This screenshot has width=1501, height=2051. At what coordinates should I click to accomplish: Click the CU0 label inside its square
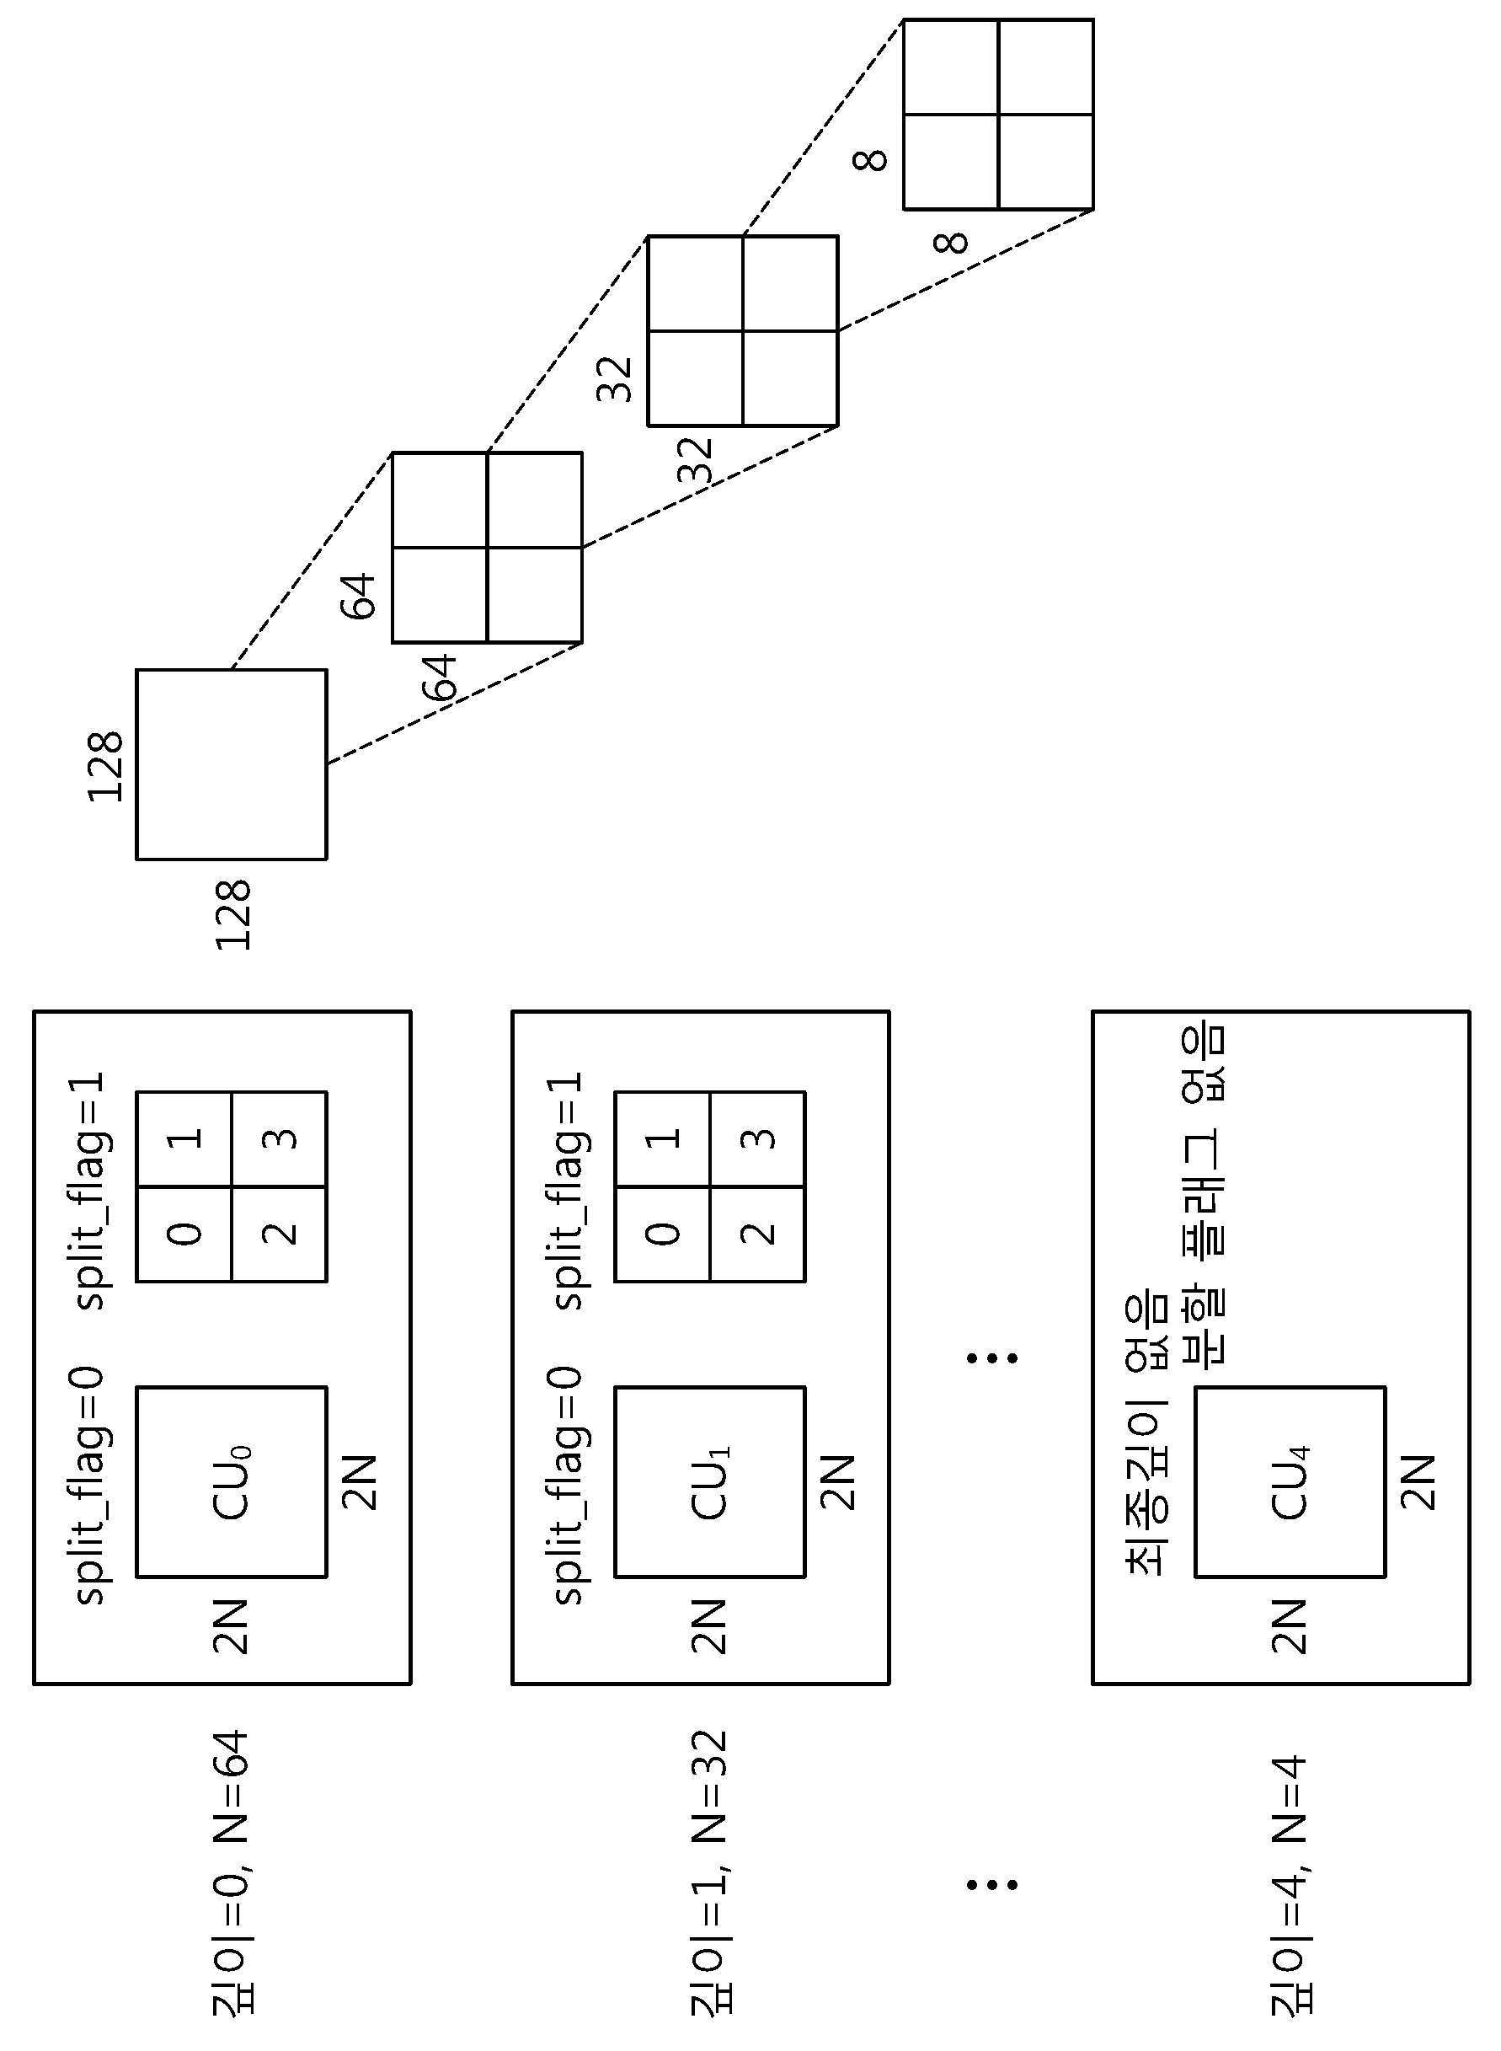(232, 1482)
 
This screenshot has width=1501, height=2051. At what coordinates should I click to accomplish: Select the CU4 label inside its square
(1290, 1482)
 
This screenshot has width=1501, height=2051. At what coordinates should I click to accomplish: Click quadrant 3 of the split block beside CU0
(279, 1138)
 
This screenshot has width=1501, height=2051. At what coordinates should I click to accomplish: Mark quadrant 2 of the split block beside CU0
(279, 1233)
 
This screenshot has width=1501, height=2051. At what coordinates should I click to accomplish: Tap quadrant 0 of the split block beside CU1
(663, 1233)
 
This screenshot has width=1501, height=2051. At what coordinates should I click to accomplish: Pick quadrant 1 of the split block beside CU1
(663, 1138)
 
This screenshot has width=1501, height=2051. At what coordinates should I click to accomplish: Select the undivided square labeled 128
(232, 764)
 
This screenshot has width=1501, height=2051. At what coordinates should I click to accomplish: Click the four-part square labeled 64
(487, 547)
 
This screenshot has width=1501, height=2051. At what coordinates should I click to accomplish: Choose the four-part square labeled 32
(742, 331)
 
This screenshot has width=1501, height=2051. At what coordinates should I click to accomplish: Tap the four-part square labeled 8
(998, 114)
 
